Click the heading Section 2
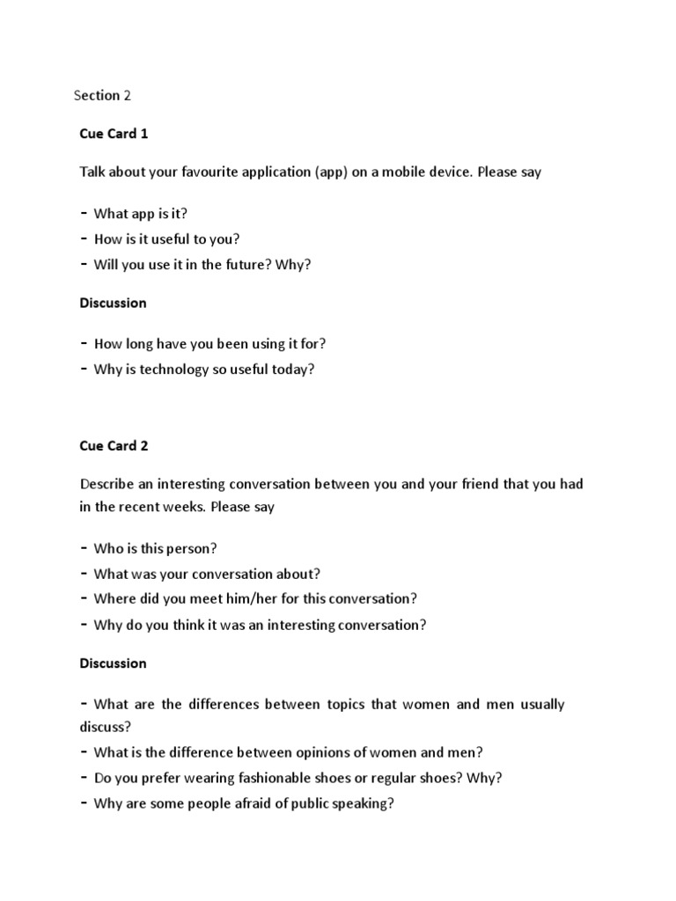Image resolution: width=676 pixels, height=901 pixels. pyautogui.click(x=102, y=95)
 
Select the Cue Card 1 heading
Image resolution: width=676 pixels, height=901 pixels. pyautogui.click(x=114, y=134)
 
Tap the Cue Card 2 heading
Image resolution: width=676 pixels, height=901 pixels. pyautogui.click(x=114, y=445)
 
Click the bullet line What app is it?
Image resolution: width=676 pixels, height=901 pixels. pyautogui.click(x=140, y=214)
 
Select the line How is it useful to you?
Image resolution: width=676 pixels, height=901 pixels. pyautogui.click(x=166, y=239)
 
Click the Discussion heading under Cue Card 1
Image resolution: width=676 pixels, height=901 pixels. pyautogui.click(x=113, y=303)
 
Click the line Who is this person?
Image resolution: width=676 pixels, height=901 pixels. pyautogui.click(x=155, y=549)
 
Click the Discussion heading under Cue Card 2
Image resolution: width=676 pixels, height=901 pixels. pyautogui.click(x=113, y=663)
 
